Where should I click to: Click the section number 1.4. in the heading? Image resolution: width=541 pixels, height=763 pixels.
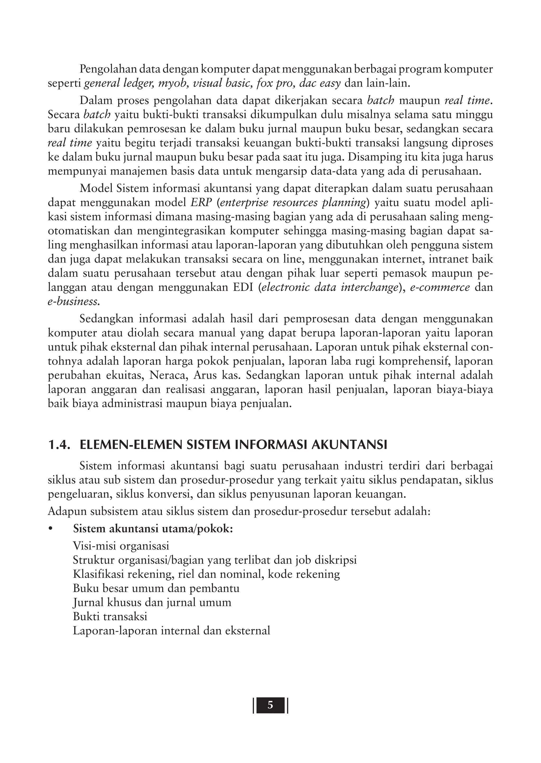pyautogui.click(x=59, y=445)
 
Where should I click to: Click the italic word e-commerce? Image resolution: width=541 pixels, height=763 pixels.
pyautogui.click(x=440, y=287)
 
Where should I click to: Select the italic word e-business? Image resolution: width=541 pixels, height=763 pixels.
pyautogui.click(x=74, y=301)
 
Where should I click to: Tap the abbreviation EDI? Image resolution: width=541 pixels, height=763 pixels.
pyautogui.click(x=243, y=287)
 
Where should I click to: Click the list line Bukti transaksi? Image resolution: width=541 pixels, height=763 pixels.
pyautogui.click(x=110, y=617)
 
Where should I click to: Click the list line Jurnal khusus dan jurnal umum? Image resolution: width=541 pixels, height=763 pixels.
pyautogui.click(x=152, y=602)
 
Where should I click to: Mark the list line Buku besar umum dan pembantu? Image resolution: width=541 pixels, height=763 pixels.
pyautogui.click(x=156, y=588)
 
